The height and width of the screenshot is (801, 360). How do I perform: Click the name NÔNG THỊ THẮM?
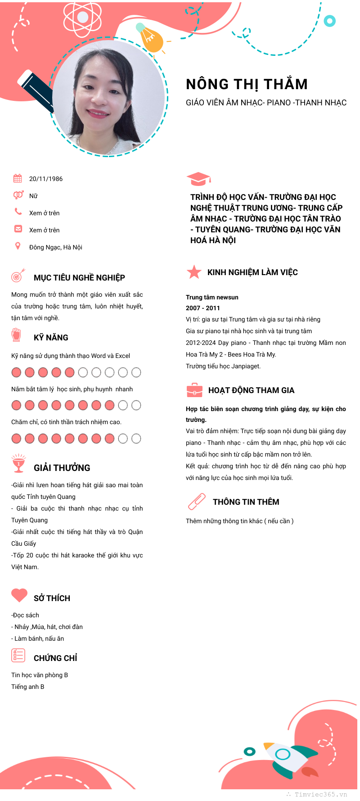click(247, 84)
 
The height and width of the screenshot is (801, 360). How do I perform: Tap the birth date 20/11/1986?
click(46, 179)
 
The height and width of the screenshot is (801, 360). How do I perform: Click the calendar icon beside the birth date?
click(18, 178)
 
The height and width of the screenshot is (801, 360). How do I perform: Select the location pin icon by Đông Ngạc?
click(18, 246)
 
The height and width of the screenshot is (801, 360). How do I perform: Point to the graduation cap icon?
click(198, 179)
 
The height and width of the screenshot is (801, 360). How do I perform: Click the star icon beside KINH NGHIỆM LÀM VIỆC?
click(194, 272)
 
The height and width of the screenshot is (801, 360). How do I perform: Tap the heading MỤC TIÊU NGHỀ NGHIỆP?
click(79, 277)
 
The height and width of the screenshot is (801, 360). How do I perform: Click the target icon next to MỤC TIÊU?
click(18, 276)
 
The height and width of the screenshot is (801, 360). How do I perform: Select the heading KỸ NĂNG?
click(51, 337)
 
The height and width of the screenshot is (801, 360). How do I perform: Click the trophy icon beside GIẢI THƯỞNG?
click(18, 463)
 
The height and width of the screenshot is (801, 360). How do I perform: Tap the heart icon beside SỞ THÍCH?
click(19, 595)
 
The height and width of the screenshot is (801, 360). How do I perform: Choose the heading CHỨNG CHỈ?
click(55, 658)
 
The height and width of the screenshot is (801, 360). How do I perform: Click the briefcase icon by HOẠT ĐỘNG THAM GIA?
click(194, 390)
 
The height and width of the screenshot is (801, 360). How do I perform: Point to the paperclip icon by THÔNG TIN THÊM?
click(196, 501)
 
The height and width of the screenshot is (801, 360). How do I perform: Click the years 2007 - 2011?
click(203, 308)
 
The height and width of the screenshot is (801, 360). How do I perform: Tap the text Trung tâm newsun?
click(212, 297)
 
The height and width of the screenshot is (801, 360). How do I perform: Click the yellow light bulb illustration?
click(150, 39)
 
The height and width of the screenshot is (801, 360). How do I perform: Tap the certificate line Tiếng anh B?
click(28, 687)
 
